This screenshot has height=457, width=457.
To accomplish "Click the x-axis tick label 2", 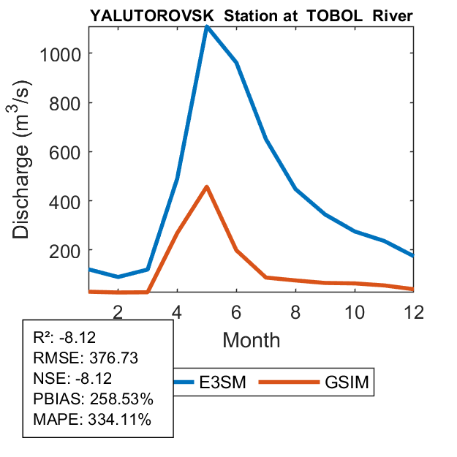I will click(x=118, y=311).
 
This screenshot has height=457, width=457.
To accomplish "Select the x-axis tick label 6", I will click(x=236, y=311).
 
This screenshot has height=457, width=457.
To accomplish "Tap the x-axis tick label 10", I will click(x=355, y=311).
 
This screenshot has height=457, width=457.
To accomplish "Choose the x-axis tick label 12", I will click(x=414, y=311).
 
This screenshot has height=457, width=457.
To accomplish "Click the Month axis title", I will click(x=252, y=340).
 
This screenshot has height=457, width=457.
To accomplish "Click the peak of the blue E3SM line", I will click(x=207, y=27).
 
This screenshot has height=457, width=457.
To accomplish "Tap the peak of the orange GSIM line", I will click(x=207, y=187).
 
